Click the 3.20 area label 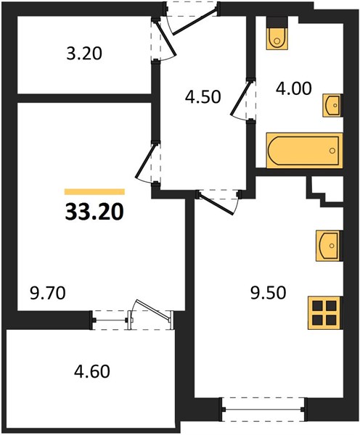pos(84,54)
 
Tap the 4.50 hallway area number pos(203,97)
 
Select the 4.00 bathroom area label pos(294,88)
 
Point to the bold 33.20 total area pos(94,212)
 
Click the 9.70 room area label pos(47,293)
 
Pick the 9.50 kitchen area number pos(268,293)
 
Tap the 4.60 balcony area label pos(92,371)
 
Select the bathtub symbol pos(304,151)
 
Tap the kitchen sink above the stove pos(329,246)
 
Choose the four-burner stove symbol pos(324,313)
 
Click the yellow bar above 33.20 pos(94,191)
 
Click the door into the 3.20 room pos(165,39)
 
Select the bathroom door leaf pos(240,97)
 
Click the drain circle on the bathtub pos(332,151)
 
